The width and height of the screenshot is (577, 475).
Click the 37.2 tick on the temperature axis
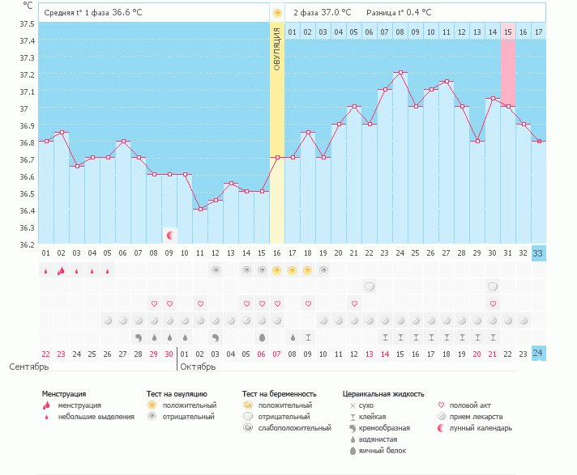tap(28, 74)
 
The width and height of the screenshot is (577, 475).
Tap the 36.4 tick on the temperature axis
tap(28, 210)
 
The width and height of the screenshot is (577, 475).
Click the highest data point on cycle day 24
tap(400, 72)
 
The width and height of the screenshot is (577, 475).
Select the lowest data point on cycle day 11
tap(200, 209)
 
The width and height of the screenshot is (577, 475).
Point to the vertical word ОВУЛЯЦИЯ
tap(276, 49)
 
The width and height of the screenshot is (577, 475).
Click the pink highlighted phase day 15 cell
tap(508, 32)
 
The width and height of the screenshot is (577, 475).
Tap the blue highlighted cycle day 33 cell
tap(539, 252)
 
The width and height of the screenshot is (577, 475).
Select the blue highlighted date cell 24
tap(539, 352)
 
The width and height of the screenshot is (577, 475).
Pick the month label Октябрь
tap(199, 367)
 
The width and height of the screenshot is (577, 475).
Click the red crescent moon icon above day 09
tap(170, 235)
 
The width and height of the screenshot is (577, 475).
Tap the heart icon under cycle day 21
tap(354, 303)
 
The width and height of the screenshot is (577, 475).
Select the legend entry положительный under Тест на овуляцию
tap(189, 405)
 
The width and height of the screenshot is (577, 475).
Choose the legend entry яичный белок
tap(383, 450)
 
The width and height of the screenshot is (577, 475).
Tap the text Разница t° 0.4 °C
tap(399, 13)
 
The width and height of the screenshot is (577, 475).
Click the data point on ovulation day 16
tap(277, 157)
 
